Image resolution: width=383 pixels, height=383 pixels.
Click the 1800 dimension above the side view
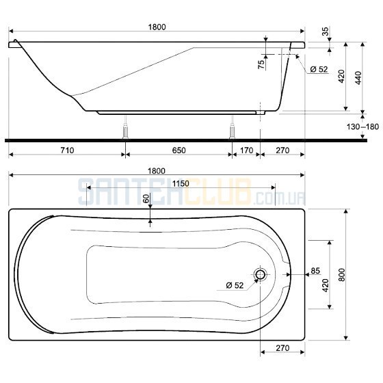coord(157,27)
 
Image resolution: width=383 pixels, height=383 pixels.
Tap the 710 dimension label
coord(67,150)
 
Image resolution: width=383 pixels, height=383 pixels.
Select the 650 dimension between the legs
coord(179,150)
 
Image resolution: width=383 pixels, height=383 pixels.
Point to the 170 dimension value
coord(247,150)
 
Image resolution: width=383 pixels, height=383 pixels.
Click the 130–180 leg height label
coord(362,127)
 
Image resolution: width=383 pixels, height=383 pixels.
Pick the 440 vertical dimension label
coord(358,78)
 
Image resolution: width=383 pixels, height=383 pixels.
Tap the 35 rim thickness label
coord(326,31)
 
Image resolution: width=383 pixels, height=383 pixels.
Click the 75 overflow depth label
coord(261,64)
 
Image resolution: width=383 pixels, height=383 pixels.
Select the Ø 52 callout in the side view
coord(319,69)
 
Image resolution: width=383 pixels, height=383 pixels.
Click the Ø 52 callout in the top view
coord(235,285)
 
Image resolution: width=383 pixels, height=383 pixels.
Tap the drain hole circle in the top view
coord(261,274)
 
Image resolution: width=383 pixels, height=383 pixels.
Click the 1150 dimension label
coord(181,183)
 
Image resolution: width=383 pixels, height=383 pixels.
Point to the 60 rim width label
coord(146,198)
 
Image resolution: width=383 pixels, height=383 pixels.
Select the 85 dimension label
coord(315,271)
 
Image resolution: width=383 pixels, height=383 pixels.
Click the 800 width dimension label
coord(342,274)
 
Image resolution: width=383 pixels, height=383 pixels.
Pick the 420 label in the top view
coord(325,285)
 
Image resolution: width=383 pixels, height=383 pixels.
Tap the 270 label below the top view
coord(282,348)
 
